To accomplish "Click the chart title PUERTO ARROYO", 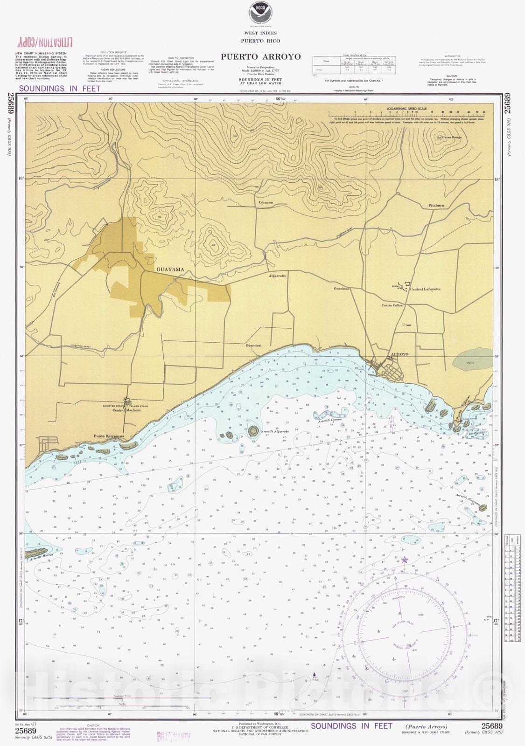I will (260, 57).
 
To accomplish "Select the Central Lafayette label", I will (425, 289).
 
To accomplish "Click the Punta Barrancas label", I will (110, 436).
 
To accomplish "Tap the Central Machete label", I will (126, 411).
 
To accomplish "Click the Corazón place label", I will (266, 203).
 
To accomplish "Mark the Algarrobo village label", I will (277, 276).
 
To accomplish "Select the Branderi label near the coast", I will (254, 345).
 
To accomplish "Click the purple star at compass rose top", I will (404, 559).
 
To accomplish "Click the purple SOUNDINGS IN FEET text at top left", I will (60, 88).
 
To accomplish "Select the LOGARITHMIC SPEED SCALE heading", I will (406, 109).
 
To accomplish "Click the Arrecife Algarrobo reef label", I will (275, 432).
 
